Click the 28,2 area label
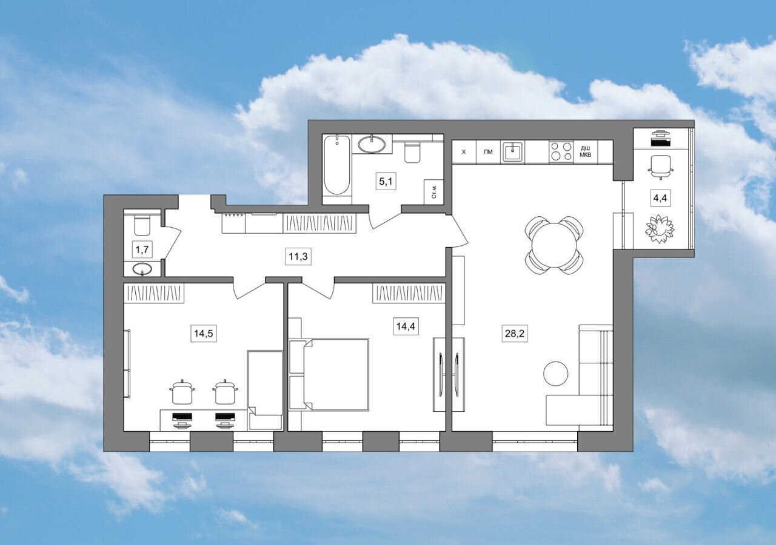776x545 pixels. click(515, 334)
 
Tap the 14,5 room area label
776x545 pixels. click(203, 334)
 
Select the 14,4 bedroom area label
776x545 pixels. click(406, 326)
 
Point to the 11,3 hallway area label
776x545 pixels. click(298, 256)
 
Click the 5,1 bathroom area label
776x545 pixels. click(386, 181)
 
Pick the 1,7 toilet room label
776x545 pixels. click(142, 249)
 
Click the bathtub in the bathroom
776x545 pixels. click(336, 165)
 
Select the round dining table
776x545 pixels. click(554, 245)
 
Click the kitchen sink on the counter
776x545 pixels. click(512, 151)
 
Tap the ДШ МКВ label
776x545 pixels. click(586, 151)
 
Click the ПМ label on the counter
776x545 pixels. click(488, 152)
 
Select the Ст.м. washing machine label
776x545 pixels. click(434, 191)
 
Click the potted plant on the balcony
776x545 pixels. click(660, 230)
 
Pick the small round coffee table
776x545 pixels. click(556, 374)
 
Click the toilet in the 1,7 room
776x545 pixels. click(142, 223)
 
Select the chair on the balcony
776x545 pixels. click(661, 167)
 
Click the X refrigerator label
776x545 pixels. click(464, 152)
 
